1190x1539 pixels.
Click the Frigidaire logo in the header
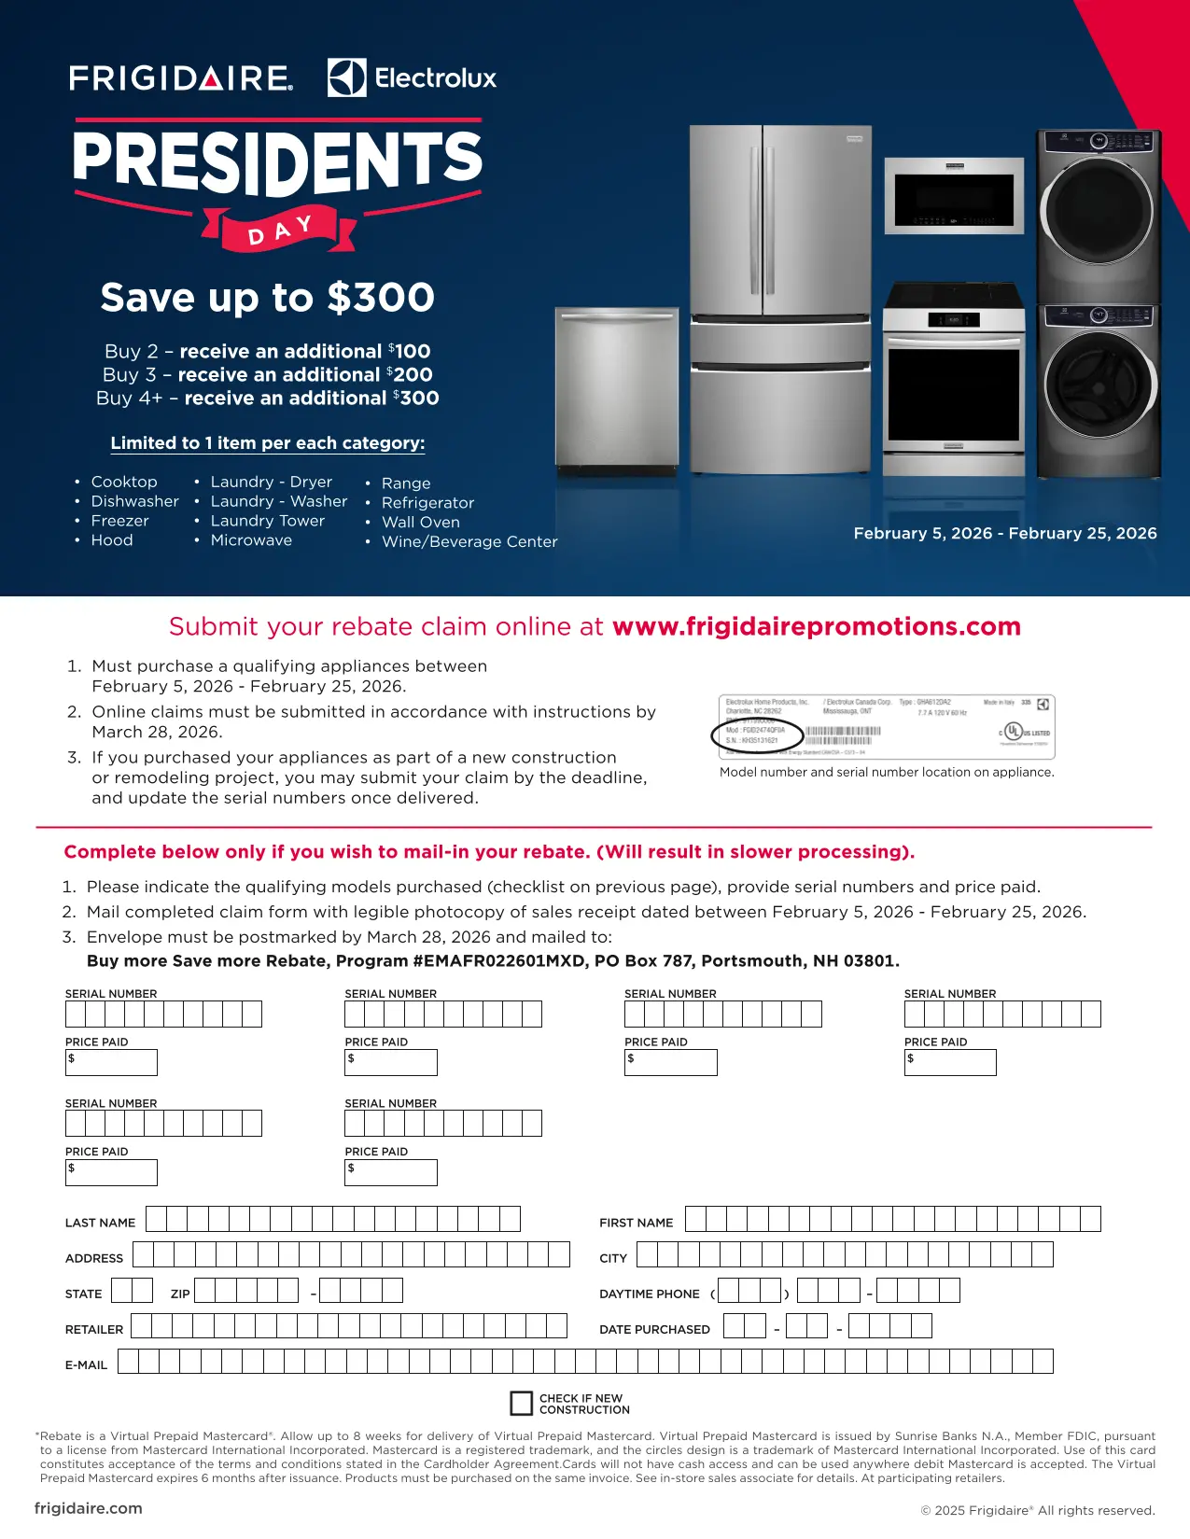(x=181, y=77)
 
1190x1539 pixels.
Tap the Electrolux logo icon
(x=346, y=77)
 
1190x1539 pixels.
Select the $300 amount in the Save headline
(x=381, y=298)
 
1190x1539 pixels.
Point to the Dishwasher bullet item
(x=134, y=501)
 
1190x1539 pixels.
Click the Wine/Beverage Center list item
(x=469, y=541)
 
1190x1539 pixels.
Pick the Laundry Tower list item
(x=267, y=521)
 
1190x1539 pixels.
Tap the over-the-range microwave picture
(x=953, y=196)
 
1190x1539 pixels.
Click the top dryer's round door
(x=1098, y=209)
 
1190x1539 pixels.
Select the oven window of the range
(x=953, y=394)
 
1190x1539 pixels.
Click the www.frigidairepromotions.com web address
(x=816, y=626)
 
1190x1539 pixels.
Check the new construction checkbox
(x=521, y=1403)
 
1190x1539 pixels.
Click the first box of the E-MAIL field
(x=128, y=1361)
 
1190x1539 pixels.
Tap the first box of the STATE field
(x=121, y=1291)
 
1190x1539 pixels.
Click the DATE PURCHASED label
(x=654, y=1329)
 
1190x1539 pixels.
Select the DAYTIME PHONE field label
(x=649, y=1294)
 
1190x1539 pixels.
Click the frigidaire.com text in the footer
(x=89, y=1508)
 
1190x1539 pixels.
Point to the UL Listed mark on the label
(x=1015, y=731)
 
